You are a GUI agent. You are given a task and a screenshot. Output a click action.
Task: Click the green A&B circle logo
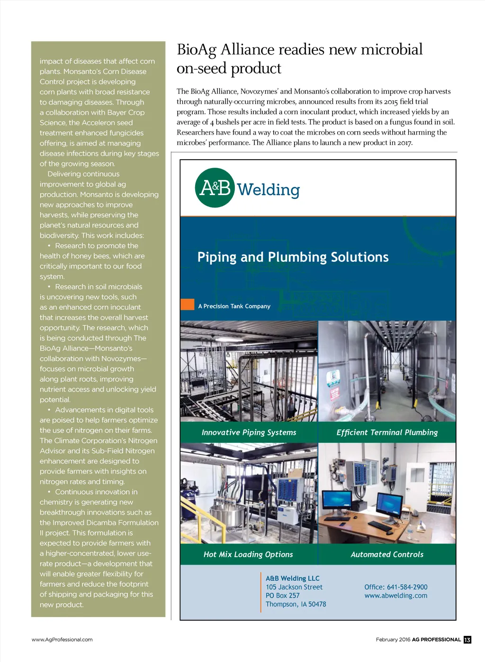[215, 188]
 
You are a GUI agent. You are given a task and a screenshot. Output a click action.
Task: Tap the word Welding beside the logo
[268, 190]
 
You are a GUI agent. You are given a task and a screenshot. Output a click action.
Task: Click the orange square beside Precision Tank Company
[188, 304]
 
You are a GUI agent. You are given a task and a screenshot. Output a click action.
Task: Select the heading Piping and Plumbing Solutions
[293, 257]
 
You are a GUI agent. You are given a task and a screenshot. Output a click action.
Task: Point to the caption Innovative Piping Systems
[249, 432]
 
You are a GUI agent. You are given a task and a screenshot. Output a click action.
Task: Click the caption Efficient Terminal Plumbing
[387, 432]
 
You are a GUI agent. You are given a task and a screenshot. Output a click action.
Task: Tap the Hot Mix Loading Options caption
[248, 555]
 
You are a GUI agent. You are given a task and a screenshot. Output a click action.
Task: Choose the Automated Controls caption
[387, 555]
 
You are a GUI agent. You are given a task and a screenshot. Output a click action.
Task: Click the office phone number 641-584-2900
[407, 587]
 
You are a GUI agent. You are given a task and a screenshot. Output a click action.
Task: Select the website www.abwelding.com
[395, 596]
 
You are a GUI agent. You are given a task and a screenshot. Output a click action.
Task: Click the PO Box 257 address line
[282, 596]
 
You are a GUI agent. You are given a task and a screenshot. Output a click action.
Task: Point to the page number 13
[467, 640]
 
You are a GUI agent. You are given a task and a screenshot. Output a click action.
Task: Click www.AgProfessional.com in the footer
[62, 640]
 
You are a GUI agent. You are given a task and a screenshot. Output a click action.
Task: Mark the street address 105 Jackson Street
[294, 587]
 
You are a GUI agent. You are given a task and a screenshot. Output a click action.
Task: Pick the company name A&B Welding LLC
[292, 578]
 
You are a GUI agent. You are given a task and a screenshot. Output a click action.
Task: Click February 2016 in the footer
[393, 640]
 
